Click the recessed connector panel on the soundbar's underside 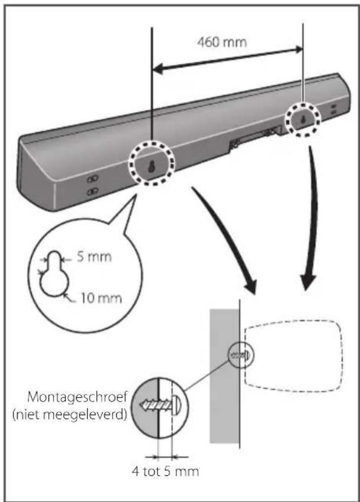coord(254,139)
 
